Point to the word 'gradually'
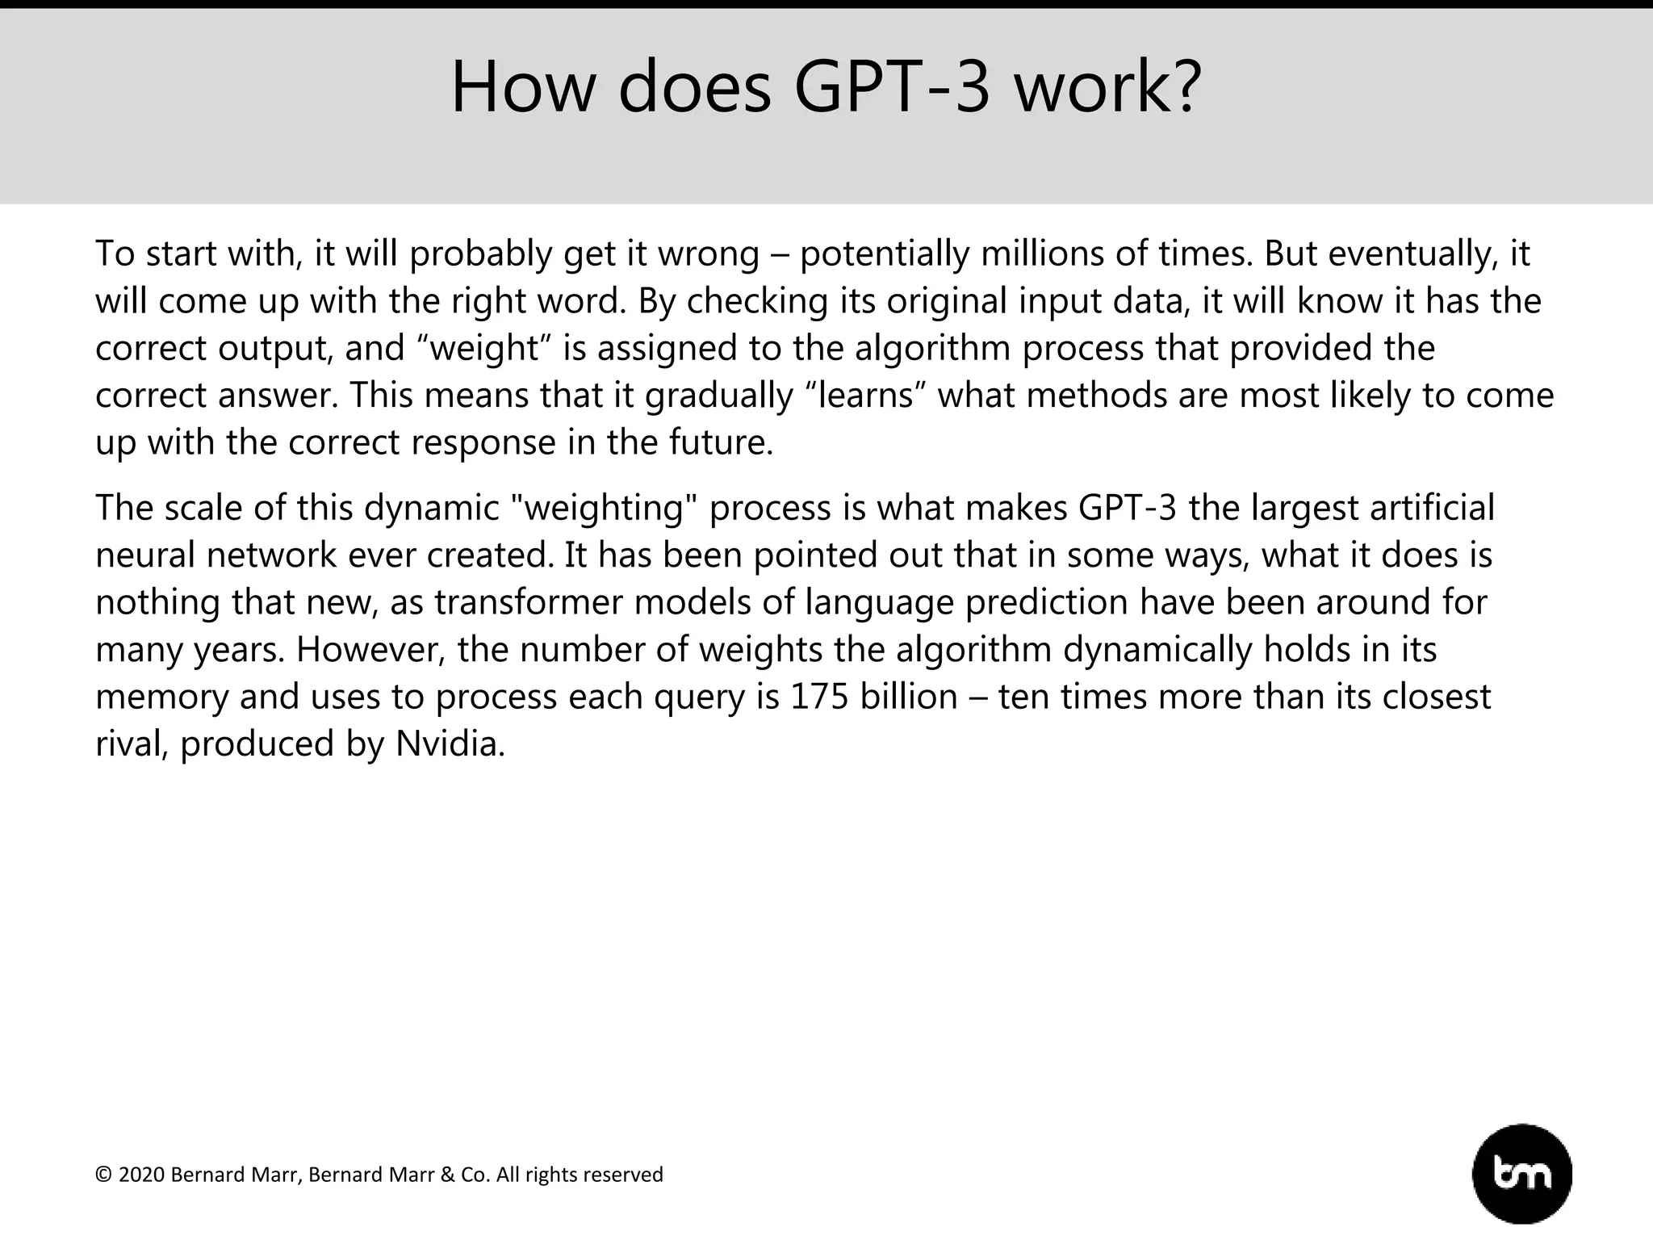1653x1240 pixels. pyautogui.click(x=719, y=396)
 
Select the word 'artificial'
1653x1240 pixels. pyautogui.click(x=1432, y=508)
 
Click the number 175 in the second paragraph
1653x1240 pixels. pyautogui.click(x=819, y=697)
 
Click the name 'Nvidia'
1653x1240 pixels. pyautogui.click(x=449, y=744)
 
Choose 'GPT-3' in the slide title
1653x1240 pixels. pyautogui.click(x=892, y=87)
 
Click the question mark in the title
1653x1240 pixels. pyautogui.click(x=1186, y=87)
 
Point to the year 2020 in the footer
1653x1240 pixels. pyautogui.click(x=141, y=1175)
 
